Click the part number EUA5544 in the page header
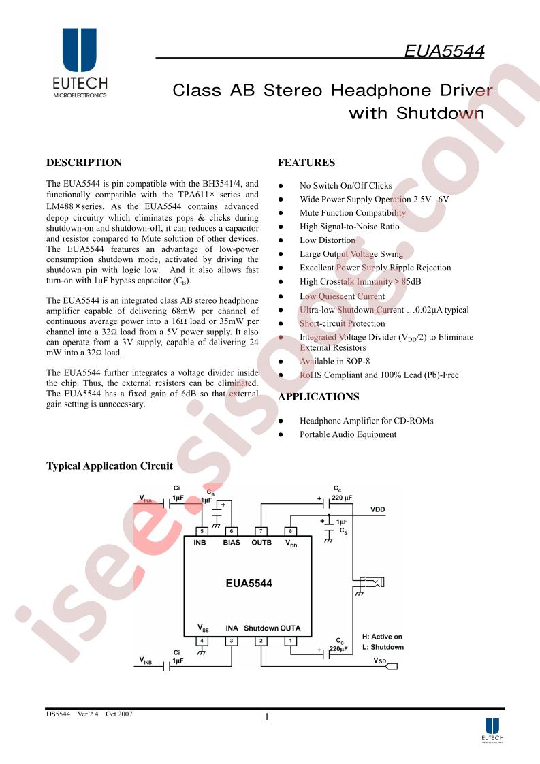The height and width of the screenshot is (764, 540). click(x=444, y=51)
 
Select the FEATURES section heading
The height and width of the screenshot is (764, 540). click(x=306, y=163)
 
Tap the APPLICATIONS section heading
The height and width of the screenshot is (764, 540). click(x=319, y=396)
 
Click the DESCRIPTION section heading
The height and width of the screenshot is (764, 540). click(x=84, y=163)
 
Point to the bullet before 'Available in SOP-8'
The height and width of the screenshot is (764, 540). click(x=281, y=362)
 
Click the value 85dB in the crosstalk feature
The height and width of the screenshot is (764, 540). click(x=411, y=282)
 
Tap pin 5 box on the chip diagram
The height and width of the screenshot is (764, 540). click(x=202, y=531)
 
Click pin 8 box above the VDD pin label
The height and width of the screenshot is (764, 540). click(x=291, y=531)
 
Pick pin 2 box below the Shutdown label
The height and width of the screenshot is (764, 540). click(x=261, y=641)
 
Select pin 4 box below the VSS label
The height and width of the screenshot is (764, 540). click(x=202, y=641)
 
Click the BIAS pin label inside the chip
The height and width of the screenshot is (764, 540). click(x=232, y=542)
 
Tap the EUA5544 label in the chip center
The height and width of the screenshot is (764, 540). click(x=249, y=584)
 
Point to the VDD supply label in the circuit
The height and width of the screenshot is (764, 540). click(x=378, y=509)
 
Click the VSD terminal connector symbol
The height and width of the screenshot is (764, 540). click(x=392, y=666)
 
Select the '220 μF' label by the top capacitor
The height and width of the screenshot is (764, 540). click(x=342, y=498)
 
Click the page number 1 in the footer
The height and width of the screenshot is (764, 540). click(x=266, y=717)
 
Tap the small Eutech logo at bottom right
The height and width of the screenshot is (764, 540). click(x=492, y=729)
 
